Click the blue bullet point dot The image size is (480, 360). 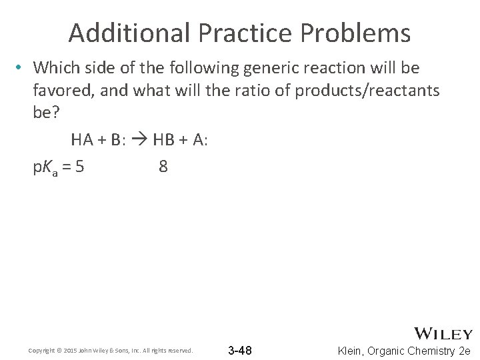(21, 68)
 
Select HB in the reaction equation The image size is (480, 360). (163, 140)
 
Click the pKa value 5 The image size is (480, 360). (80, 166)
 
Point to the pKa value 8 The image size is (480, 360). (163, 166)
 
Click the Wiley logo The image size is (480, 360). (443, 333)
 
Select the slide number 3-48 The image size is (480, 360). (240, 350)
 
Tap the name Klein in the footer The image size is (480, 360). (353, 351)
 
